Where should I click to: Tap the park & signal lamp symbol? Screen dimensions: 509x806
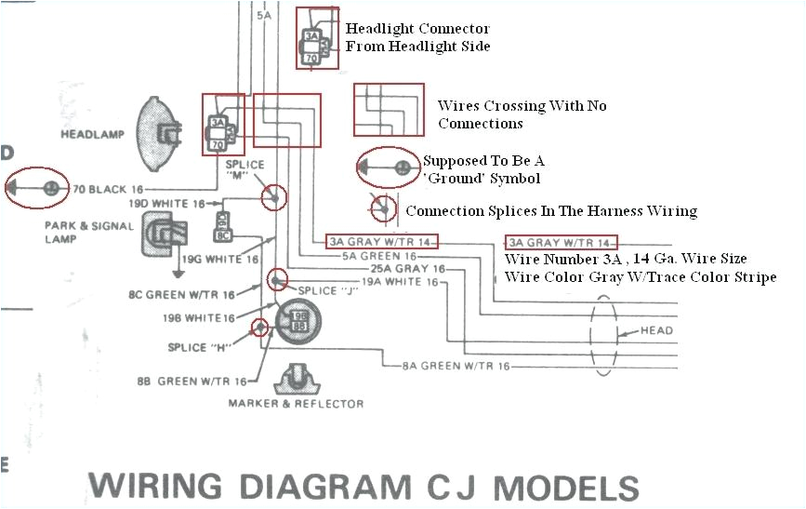162,235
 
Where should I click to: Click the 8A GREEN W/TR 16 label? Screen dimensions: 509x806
456,367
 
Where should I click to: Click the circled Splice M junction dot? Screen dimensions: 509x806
274,197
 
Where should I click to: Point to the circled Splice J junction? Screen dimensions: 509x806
276,279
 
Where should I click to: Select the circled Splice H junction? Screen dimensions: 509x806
259,327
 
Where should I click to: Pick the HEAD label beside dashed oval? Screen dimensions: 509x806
656,331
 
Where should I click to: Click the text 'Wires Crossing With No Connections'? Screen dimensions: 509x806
522,114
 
